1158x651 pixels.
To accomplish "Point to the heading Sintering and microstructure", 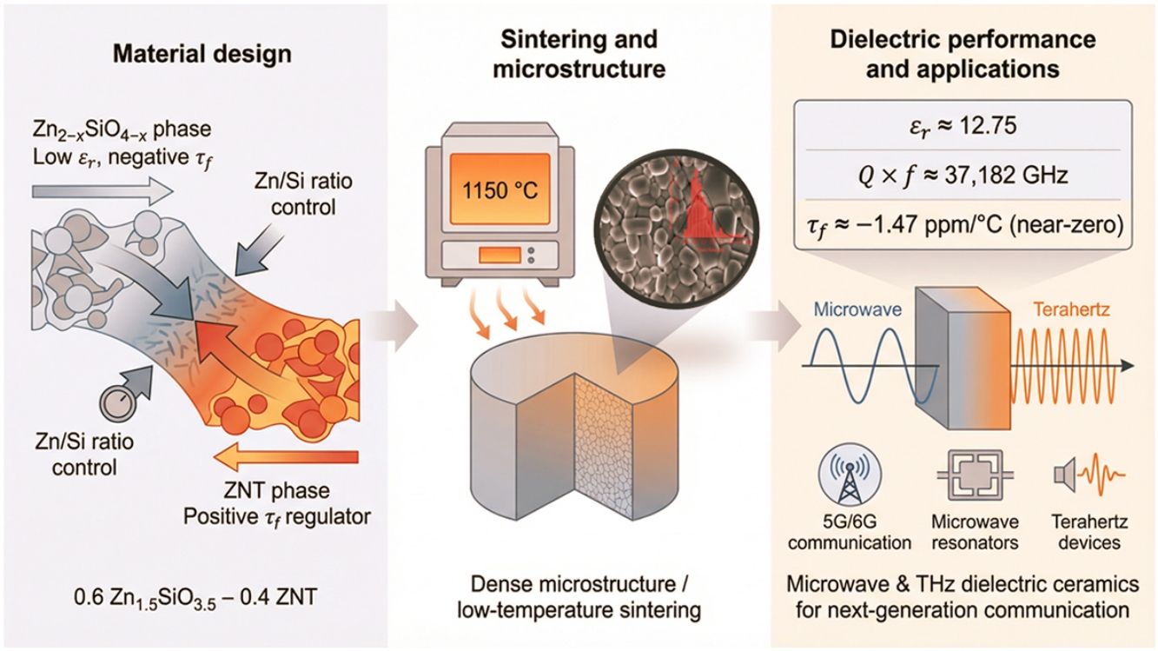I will tap(579, 55).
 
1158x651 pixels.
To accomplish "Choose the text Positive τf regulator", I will tap(277, 517).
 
